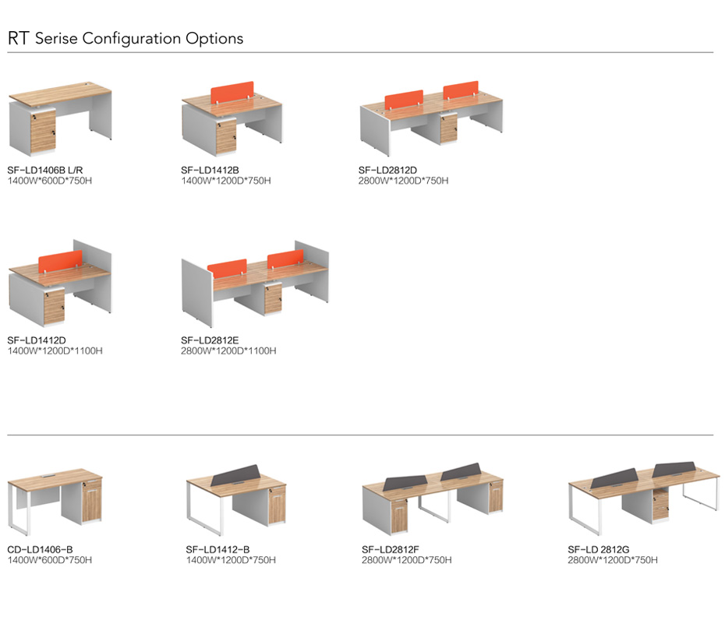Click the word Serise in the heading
[57, 38]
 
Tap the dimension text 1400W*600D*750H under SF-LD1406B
[50, 181]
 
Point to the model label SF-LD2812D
[387, 171]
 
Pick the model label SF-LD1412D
[37, 340]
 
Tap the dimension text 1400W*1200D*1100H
[55, 350]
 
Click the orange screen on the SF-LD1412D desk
[61, 262]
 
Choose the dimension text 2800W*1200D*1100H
[228, 350]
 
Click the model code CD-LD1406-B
[40, 549]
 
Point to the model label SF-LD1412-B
[217, 549]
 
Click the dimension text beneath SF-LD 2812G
[613, 559]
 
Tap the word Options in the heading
[214, 38]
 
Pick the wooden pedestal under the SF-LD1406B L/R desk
[44, 130]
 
